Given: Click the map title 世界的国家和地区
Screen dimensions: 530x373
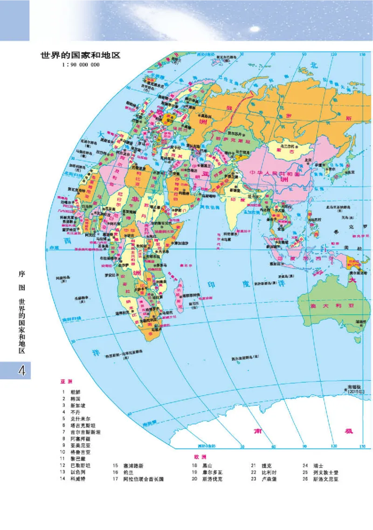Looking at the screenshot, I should click(81, 55).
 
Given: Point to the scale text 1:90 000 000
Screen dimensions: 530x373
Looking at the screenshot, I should click(80, 65).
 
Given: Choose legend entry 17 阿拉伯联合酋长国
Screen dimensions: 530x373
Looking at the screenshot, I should click(140, 479).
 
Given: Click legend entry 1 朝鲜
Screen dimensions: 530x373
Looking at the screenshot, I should click(76, 392).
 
